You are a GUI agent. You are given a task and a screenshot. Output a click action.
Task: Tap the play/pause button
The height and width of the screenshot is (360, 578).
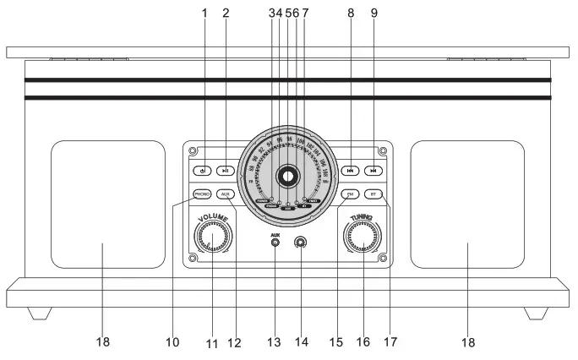(x=226, y=170)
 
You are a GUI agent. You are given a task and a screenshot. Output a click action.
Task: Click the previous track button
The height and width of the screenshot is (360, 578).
(x=349, y=170)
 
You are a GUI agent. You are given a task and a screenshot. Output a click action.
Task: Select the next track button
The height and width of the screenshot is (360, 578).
(x=374, y=170)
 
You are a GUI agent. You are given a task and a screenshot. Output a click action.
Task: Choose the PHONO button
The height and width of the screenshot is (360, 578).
(x=201, y=194)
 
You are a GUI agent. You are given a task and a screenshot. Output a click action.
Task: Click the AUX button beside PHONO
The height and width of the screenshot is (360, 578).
(x=226, y=194)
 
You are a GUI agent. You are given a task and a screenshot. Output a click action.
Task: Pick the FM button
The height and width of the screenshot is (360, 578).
(x=349, y=194)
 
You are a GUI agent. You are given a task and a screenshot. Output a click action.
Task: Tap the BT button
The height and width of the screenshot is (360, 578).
(x=374, y=194)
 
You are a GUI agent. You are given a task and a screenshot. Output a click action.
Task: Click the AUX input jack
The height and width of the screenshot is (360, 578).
(x=275, y=243)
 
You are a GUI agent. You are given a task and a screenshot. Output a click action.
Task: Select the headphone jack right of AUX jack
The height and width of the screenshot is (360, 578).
(x=300, y=243)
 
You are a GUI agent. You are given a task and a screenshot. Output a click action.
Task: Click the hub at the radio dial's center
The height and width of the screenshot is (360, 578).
(x=287, y=177)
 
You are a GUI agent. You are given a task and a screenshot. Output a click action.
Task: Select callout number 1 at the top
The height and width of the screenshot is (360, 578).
(x=204, y=13)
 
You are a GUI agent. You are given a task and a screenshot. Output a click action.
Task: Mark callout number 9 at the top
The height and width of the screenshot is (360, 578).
(x=374, y=13)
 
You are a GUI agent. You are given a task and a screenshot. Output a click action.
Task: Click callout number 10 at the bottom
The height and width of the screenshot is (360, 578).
(x=172, y=342)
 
